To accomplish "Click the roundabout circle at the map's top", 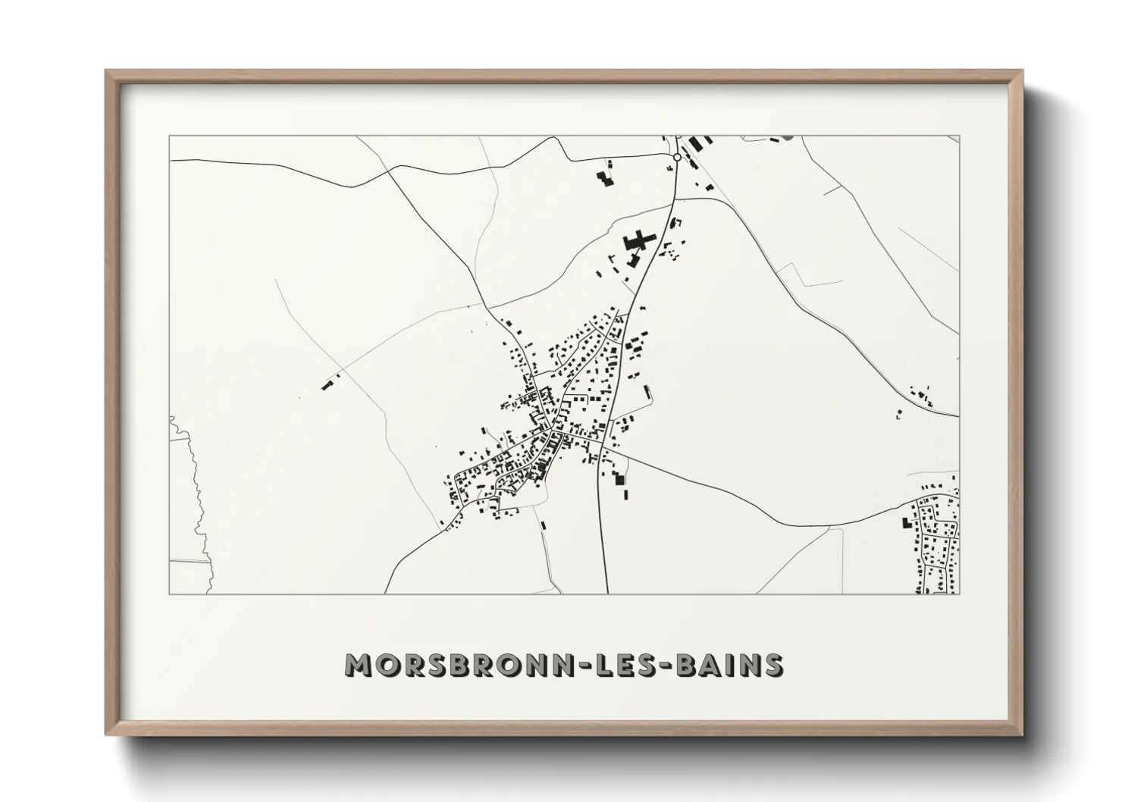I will (x=677, y=157).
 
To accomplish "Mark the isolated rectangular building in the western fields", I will (x=328, y=386).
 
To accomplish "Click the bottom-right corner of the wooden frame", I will (x=1022, y=735).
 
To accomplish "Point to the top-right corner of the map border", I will (x=959, y=136).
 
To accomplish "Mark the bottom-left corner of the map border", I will (x=169, y=594).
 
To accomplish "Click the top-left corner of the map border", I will (x=169, y=136).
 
